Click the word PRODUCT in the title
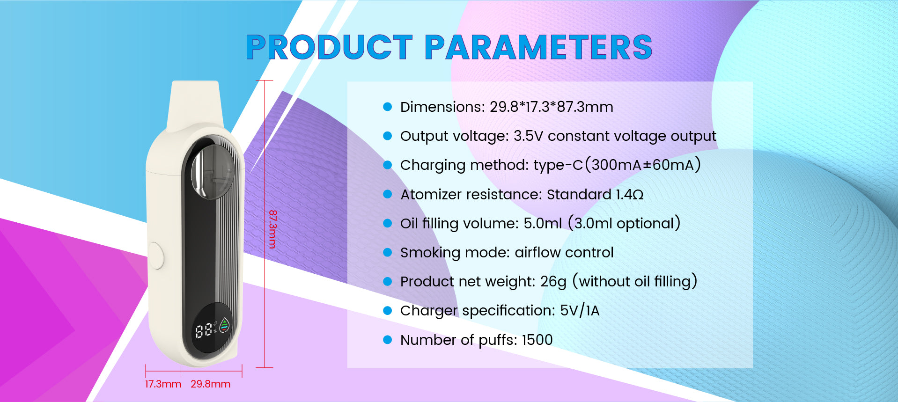point(329,47)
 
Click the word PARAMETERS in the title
point(539,47)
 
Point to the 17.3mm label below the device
point(163,384)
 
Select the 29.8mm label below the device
point(210,384)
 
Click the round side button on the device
point(156,255)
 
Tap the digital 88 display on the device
point(203,331)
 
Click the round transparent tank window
point(213,171)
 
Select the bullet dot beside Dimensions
point(387,107)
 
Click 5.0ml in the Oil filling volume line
point(543,224)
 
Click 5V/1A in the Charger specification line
point(580,311)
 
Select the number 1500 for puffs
point(537,340)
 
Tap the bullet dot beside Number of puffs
point(387,340)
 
